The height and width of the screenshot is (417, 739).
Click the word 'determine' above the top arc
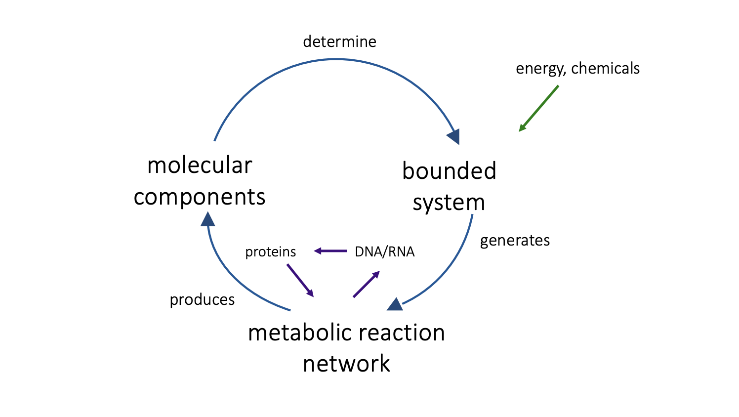pyautogui.click(x=339, y=42)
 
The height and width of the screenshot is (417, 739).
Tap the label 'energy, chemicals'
pyautogui.click(x=577, y=69)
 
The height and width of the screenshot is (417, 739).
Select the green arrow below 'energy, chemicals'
pyautogui.click(x=538, y=108)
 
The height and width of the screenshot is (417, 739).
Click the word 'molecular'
pyautogui.click(x=200, y=165)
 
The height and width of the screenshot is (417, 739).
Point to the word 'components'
pyautogui.click(x=200, y=197)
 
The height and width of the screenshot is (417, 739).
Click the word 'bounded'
pyautogui.click(x=449, y=171)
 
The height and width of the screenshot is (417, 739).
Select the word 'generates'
pyautogui.click(x=515, y=241)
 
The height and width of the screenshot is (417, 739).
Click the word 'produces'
pyautogui.click(x=202, y=300)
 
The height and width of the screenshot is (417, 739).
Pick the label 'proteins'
pyautogui.click(x=270, y=252)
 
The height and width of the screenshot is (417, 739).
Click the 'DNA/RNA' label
pyautogui.click(x=385, y=252)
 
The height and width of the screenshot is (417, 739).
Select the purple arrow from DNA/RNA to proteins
pyautogui.click(x=330, y=251)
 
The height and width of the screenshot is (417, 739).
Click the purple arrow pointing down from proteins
pyautogui.click(x=300, y=280)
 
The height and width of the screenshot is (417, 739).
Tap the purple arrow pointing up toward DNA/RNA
pyautogui.click(x=367, y=284)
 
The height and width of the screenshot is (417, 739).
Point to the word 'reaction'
pyautogui.click(x=401, y=333)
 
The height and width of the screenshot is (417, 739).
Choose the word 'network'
pyautogui.click(x=346, y=364)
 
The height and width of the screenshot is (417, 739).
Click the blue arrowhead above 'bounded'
pyautogui.click(x=454, y=136)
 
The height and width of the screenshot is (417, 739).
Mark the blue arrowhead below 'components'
pyautogui.click(x=208, y=219)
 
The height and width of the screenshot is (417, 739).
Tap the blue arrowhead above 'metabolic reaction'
pyautogui.click(x=395, y=305)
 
